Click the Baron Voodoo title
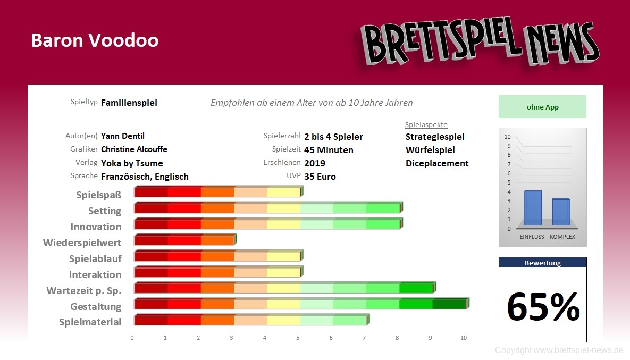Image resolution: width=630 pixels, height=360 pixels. coord(95,40)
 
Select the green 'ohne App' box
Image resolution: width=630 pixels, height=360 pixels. coord(542,107)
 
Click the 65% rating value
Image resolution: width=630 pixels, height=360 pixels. coord(543,307)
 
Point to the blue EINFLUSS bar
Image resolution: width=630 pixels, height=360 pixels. coord(533,207)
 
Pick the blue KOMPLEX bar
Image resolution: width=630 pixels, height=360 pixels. coord(561,212)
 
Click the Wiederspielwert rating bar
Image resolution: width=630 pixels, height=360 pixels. coord(184,240)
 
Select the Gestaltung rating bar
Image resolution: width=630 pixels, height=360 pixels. coord(301,304)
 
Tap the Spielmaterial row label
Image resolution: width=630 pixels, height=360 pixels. coord(90,322)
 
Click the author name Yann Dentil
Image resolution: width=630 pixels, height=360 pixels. coord(123,136)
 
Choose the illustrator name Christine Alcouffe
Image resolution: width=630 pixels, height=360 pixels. coord(134,149)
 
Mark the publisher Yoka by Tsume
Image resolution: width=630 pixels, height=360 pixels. coord(132,163)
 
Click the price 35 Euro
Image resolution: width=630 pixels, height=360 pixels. coord(320,177)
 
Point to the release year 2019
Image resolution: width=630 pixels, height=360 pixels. coord(315,163)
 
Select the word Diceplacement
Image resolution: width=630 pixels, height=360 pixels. coord(437,163)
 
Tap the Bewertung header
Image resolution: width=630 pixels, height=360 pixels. coord(542,263)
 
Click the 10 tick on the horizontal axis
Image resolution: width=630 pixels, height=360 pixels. coord(464,338)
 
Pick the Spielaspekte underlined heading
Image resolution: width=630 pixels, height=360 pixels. coord(426,125)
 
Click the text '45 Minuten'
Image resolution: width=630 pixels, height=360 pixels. coord(329,150)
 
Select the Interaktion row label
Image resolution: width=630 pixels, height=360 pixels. coord(95,274)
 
